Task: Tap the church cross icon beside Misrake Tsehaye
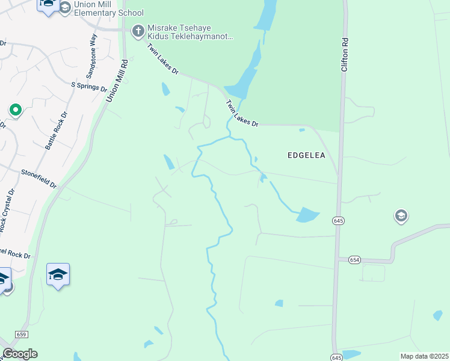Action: pyautogui.click(x=138, y=30)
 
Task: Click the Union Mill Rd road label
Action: pyautogui.click(x=117, y=81)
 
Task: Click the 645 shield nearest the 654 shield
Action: pyautogui.click(x=337, y=221)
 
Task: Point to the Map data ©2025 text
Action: pyautogui.click(x=424, y=356)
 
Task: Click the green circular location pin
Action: pyautogui.click(x=15, y=110)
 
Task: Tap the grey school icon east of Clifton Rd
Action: pyautogui.click(x=401, y=215)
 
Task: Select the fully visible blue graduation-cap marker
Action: pyautogui.click(x=58, y=274)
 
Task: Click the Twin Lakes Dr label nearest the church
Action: pyautogui.click(x=163, y=59)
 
